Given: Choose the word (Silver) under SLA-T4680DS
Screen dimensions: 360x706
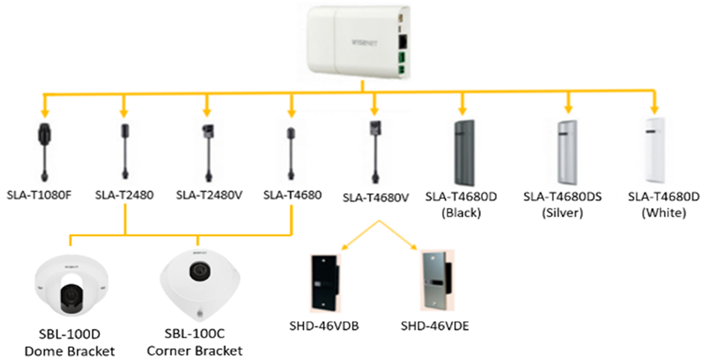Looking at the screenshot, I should pyautogui.click(x=562, y=212).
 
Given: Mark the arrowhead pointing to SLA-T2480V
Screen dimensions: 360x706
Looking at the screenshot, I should pyautogui.click(x=205, y=111).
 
